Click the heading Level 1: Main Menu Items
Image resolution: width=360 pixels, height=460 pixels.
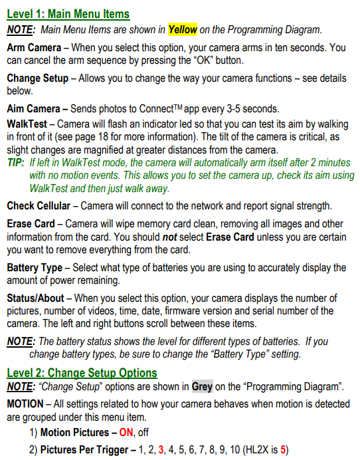[68, 14]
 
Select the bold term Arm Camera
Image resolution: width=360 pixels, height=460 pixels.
[37, 48]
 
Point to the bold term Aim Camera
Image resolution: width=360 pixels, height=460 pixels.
[35, 108]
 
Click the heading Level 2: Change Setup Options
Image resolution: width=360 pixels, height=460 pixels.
[82, 372]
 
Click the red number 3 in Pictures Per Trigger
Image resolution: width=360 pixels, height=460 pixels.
[161, 449]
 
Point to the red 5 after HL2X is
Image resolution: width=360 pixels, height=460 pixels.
[283, 449]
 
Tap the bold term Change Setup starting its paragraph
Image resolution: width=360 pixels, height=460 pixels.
[37, 78]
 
